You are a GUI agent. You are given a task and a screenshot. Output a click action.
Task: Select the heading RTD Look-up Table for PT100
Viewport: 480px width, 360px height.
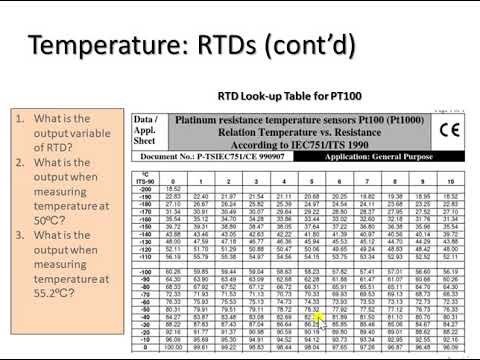281,98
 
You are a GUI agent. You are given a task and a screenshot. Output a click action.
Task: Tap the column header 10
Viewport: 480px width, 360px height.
450,180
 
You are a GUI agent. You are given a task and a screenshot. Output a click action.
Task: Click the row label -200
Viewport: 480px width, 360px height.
145,188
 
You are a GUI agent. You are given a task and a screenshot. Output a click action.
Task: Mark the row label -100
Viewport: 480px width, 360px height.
145,257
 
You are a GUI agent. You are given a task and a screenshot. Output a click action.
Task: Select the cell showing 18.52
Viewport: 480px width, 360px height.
172,188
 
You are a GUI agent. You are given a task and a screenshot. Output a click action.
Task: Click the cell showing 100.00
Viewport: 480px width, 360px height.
172,347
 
